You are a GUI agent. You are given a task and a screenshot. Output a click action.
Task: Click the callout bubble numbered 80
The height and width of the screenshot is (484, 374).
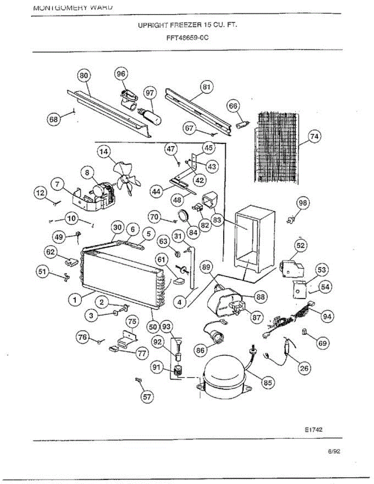coord(84,75)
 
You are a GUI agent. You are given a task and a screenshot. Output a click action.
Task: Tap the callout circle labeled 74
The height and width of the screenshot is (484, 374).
coord(314,137)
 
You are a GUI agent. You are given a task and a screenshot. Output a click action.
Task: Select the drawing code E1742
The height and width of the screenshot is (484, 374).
coord(313,430)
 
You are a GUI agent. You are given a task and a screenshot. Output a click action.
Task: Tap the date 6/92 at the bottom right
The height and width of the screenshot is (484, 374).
coord(334,452)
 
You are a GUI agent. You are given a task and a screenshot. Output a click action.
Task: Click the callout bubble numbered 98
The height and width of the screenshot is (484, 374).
coord(303,203)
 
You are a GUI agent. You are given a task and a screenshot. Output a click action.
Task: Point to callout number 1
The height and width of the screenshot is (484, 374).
coord(74,299)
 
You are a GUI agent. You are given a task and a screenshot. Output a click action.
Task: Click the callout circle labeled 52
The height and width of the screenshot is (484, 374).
coord(301,245)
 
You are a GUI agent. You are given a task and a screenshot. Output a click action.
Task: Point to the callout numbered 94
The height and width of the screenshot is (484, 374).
coord(327,317)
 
